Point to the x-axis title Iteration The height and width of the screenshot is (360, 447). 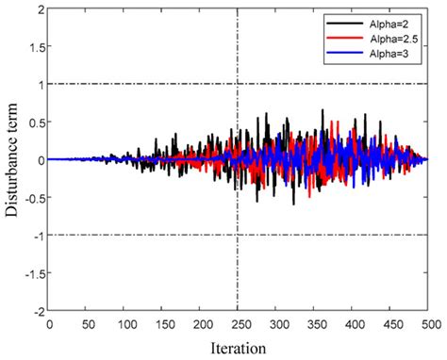pyautogui.click(x=237, y=347)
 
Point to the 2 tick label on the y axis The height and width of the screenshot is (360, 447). pyautogui.click(x=38, y=9)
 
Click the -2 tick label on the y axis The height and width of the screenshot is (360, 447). pyautogui.click(x=35, y=310)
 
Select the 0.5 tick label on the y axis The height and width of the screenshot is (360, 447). pyautogui.click(x=33, y=123)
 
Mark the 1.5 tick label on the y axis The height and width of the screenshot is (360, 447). pyautogui.click(x=33, y=47)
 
